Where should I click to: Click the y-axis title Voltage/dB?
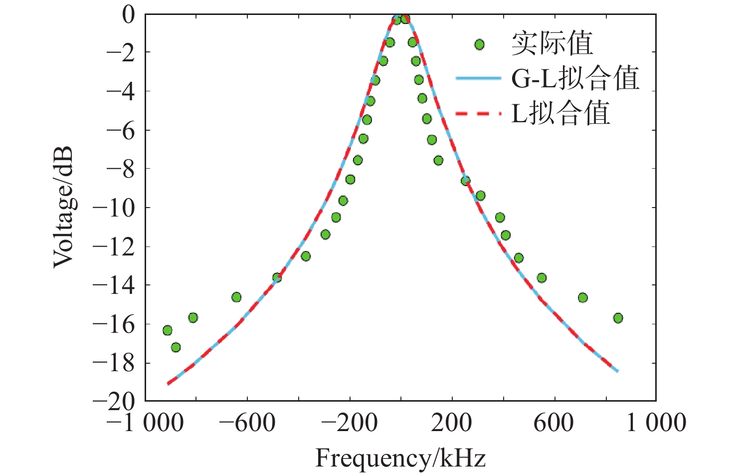point(63,207)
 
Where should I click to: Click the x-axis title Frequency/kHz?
point(400,458)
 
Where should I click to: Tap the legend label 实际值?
point(552,43)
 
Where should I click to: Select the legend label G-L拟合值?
point(575,78)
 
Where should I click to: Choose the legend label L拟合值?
point(561,113)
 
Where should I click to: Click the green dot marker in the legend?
point(479,44)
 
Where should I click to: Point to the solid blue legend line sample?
point(478,78)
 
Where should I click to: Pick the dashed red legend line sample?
point(478,113)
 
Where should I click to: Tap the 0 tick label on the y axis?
point(129,15)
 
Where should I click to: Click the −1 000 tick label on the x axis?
point(145,423)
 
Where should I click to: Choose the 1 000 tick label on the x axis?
point(656,423)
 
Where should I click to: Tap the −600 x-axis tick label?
point(248,423)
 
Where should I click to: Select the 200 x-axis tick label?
point(452,423)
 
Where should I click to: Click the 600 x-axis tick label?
point(553,423)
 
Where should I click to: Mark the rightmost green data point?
point(618,318)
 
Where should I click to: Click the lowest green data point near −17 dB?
point(176,347)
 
